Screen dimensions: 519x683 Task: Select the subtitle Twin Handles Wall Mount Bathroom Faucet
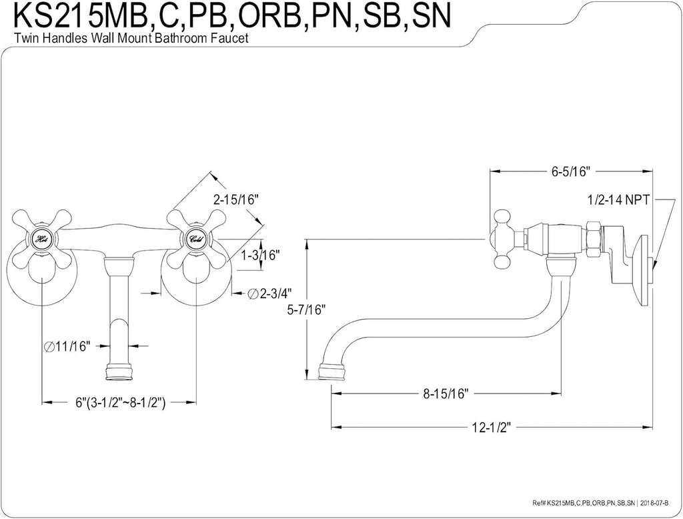(x=131, y=39)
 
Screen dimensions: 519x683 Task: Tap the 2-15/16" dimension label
(x=235, y=199)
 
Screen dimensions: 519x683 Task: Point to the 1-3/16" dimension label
(x=261, y=255)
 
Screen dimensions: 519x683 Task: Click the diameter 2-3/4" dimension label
(x=270, y=294)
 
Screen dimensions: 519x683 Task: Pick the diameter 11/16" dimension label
(x=67, y=346)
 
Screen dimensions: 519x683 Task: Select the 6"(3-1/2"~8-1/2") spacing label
(x=121, y=402)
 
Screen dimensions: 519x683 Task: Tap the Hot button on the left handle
(x=42, y=239)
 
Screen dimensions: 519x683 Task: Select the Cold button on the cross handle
(x=195, y=239)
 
